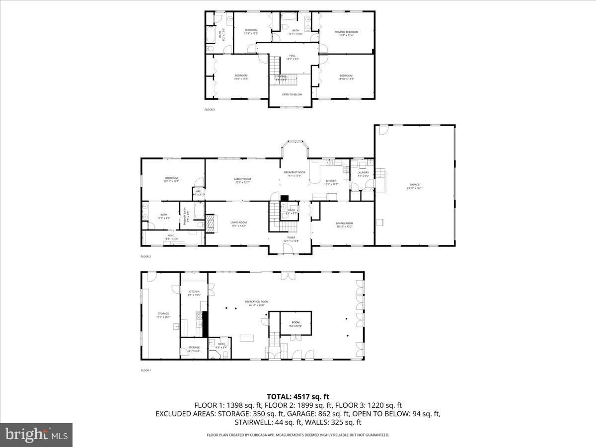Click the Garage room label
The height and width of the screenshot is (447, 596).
click(414, 186)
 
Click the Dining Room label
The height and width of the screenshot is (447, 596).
click(345, 224)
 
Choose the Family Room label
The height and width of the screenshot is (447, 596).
click(243, 180)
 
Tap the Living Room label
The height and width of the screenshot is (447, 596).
click(238, 224)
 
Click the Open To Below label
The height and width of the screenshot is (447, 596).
click(292, 94)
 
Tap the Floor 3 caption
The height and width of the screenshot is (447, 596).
click(210, 109)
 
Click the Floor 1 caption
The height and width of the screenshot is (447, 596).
click(146, 371)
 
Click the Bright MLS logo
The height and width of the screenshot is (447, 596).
click(36, 435)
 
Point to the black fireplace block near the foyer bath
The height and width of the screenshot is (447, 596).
click(284, 198)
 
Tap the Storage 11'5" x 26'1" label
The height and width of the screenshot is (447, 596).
click(163, 315)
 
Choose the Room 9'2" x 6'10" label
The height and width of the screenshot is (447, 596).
click(296, 324)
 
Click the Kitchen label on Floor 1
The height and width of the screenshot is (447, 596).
click(194, 293)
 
